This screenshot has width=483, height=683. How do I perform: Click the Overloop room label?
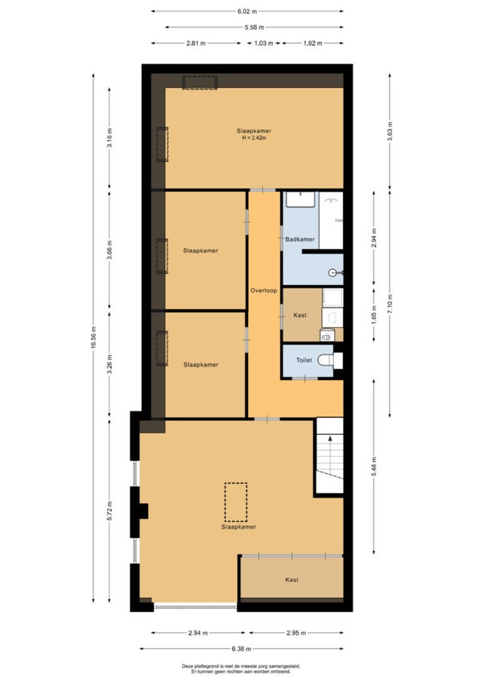point(263,291)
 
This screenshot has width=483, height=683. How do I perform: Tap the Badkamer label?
point(300,239)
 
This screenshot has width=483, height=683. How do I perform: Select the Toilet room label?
point(304,360)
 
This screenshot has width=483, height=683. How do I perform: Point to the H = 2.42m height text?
point(254,138)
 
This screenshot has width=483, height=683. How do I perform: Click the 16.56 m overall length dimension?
point(93,338)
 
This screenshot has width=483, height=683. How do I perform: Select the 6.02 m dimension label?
point(247,11)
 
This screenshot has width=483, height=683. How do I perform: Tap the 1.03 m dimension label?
point(263,43)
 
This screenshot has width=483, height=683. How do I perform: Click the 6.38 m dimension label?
point(242,648)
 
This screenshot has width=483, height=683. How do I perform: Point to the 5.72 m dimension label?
point(109,511)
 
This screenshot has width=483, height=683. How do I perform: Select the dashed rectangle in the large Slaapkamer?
point(236,503)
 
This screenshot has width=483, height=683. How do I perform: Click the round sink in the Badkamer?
point(333,273)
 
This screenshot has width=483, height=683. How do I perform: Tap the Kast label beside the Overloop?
point(300,315)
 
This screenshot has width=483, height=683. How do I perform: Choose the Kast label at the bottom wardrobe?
point(291,580)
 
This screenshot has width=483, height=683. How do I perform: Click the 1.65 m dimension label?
point(374,315)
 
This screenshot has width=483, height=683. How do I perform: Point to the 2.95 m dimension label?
point(296,633)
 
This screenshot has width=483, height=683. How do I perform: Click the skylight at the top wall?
point(200,82)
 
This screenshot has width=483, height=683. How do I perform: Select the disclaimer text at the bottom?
point(241,669)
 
